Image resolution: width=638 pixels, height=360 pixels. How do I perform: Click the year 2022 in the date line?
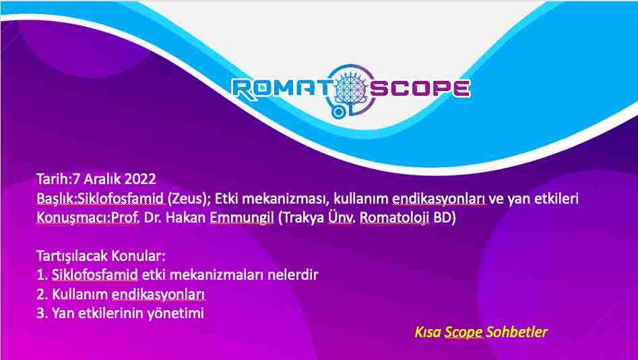tap(140, 179)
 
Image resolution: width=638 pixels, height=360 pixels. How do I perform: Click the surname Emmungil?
tap(242, 218)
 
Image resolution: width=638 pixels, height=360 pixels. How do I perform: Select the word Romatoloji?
tap(395, 218)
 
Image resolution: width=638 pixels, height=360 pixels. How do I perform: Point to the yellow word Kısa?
tap(428, 332)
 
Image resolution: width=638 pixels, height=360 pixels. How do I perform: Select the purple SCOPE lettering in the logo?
tap(420, 88)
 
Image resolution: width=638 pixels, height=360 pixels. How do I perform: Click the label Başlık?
tap(55, 198)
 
